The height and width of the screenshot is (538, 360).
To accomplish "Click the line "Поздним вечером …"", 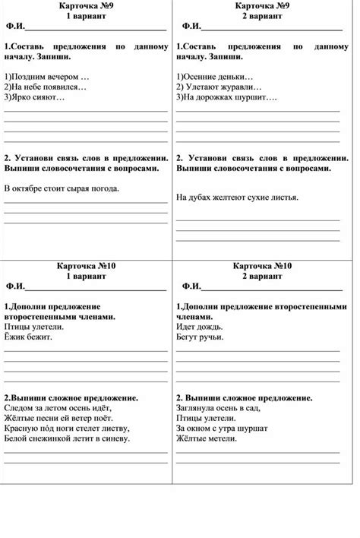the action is coord(47,78).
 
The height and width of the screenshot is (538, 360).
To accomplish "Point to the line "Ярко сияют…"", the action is coord(35,97).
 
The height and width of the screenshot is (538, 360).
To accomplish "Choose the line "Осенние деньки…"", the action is coord(215,78).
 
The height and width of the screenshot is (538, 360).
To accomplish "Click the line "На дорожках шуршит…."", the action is coord(227,97).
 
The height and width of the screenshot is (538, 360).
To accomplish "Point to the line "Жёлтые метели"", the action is coord(205,438).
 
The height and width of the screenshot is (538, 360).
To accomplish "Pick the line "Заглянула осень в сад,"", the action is coord(219,407).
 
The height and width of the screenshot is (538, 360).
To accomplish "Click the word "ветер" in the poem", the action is coord(87,417).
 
